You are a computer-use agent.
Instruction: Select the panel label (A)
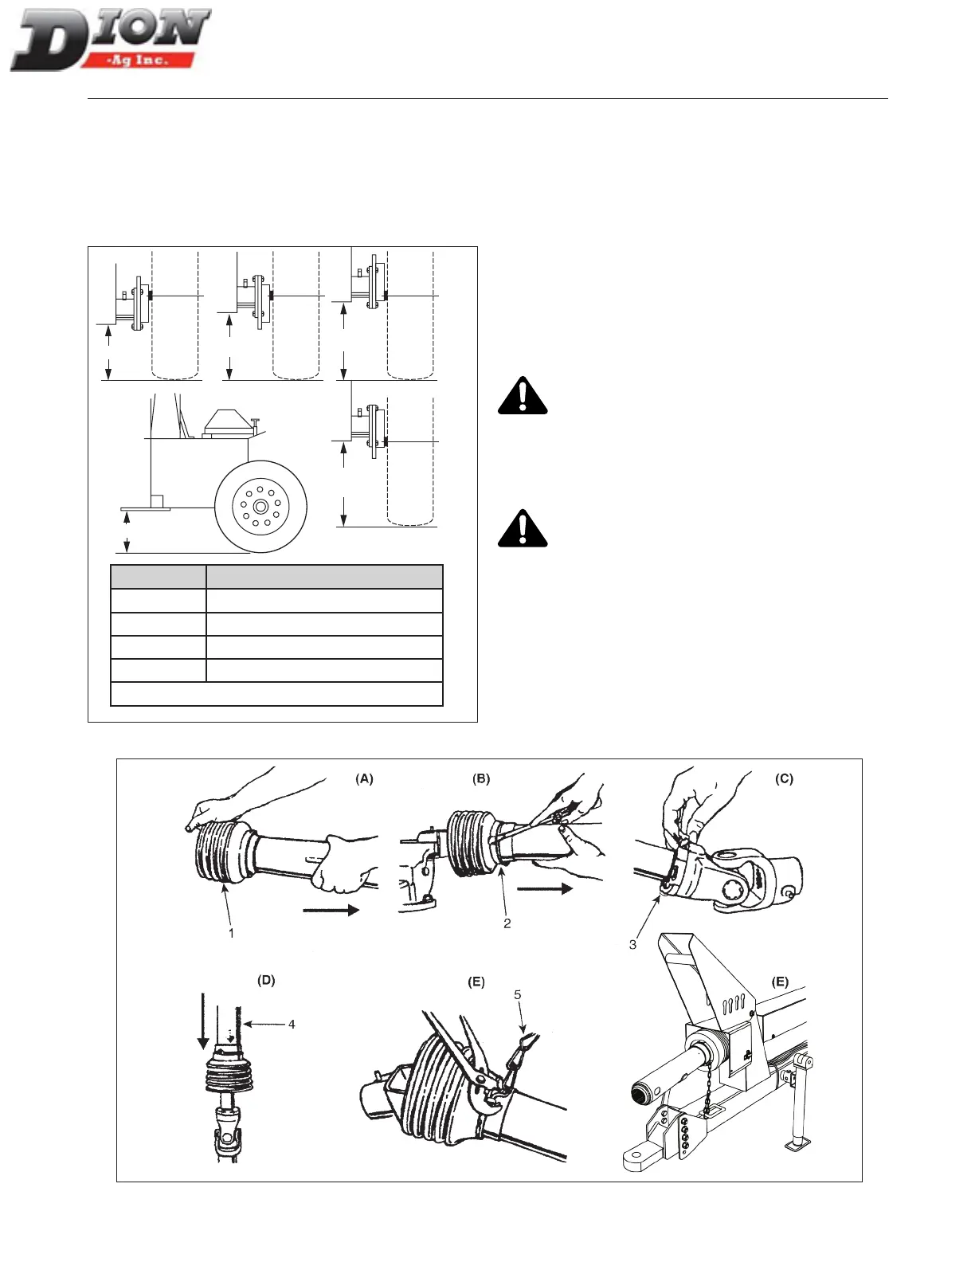(x=364, y=779)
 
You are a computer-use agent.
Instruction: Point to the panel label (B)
(x=481, y=779)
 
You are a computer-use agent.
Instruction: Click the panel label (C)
(x=784, y=779)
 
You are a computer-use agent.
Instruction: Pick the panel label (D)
(x=266, y=980)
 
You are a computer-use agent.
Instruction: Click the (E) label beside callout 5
(x=476, y=982)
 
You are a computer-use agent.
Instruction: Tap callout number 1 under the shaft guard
(x=232, y=932)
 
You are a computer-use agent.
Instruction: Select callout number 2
(x=507, y=923)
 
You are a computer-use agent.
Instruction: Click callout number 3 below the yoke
(x=632, y=945)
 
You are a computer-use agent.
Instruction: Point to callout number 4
(x=292, y=1024)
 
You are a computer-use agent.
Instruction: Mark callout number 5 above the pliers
(x=518, y=995)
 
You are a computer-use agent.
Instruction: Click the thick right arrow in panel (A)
(x=331, y=910)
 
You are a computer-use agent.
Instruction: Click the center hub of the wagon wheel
(x=260, y=507)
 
